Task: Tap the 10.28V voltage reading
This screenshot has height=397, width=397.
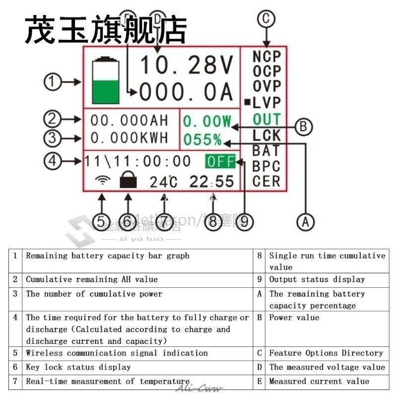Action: pos(186,65)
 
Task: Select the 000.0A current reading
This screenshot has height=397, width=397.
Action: pos(186,92)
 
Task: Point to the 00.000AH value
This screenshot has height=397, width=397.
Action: pos(130,121)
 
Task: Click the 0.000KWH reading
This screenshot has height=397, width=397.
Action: pos(130,137)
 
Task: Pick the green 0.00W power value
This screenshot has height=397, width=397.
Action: pos(207,121)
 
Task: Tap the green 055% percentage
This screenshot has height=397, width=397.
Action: pos(202,140)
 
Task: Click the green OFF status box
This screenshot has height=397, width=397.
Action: pos(220,161)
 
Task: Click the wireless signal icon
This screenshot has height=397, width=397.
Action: pos(102,180)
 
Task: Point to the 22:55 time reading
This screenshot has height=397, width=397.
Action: pos(211,182)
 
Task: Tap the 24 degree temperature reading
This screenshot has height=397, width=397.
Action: pos(163,182)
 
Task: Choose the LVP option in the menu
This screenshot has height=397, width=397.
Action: pos(266,103)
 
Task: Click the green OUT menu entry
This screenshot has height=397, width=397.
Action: pos(266,119)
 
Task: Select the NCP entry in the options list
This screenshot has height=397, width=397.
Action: pos(266,57)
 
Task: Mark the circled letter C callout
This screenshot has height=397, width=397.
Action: pos(266,19)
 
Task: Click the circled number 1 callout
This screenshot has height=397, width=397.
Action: pos(53,82)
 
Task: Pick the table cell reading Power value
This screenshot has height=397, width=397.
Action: pos(294,318)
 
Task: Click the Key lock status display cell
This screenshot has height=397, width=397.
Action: pos(78,367)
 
